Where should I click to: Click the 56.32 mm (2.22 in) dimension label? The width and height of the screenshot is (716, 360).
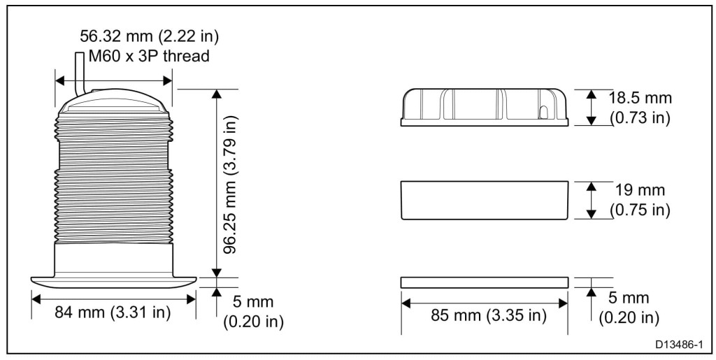pyautogui.click(x=150, y=36)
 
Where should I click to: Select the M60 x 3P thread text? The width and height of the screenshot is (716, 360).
pyautogui.click(x=149, y=56)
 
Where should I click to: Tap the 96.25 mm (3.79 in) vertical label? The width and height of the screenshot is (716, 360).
pyautogui.click(x=231, y=184)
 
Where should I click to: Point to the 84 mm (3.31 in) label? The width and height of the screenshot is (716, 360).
pyautogui.click(x=113, y=312)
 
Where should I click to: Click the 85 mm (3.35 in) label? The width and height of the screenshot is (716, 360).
pyautogui.click(x=489, y=315)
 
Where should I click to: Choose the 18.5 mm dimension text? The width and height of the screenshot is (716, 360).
pyautogui.click(x=640, y=98)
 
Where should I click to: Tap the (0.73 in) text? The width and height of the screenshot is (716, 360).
pyautogui.click(x=640, y=117)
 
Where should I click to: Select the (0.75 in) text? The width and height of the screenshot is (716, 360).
pyautogui.click(x=640, y=210)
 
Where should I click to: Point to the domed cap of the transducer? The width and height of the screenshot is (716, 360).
pyautogui.click(x=114, y=102)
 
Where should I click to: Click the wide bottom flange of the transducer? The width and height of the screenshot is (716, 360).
pyautogui.click(x=114, y=282)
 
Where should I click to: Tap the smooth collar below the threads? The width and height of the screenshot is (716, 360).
pyautogui.click(x=114, y=259)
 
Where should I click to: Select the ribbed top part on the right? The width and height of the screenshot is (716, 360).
pyautogui.click(x=485, y=107)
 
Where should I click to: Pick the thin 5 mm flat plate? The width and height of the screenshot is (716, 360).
pyautogui.click(x=485, y=282)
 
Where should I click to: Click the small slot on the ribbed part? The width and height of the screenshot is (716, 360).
pyautogui.click(x=544, y=113)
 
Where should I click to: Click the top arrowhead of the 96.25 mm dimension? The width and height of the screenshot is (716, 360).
pyautogui.click(x=217, y=94)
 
